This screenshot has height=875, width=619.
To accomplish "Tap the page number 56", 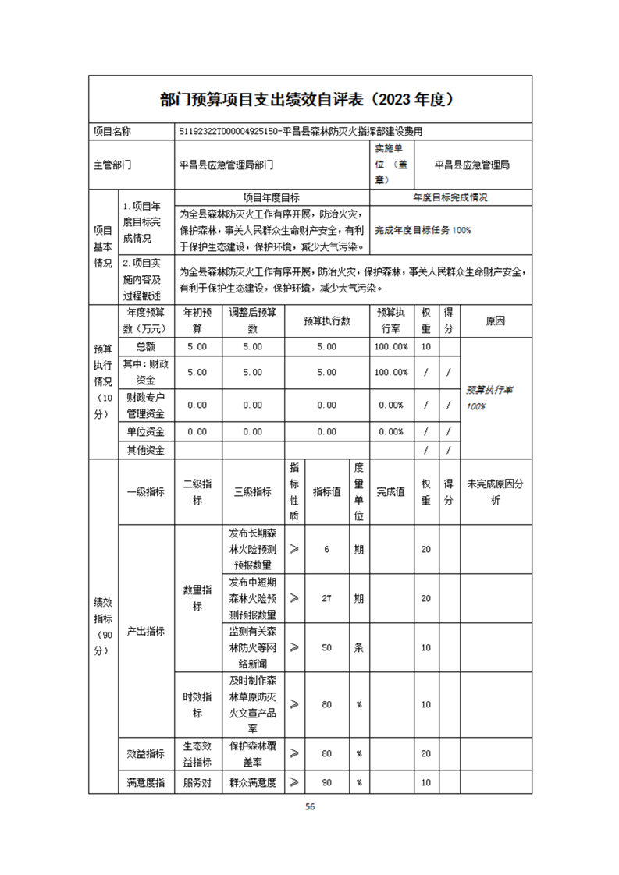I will pos(310,807).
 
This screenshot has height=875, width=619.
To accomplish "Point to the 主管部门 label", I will pos(113,165).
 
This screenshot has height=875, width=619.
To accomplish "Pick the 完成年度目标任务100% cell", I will pos(423,230).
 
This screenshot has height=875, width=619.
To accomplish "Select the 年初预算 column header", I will pos(197,318).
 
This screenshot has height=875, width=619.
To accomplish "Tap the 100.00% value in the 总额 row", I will pos(391,346).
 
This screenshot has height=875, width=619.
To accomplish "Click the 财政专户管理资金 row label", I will pos(145,406).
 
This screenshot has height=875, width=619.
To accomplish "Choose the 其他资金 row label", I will pos(145,450).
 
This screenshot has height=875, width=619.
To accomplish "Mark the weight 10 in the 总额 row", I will pos(426,346).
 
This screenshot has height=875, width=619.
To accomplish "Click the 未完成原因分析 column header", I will pos(495,492).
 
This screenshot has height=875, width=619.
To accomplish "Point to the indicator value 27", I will pos(327,598).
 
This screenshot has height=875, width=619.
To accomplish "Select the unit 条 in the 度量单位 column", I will pos(358,647).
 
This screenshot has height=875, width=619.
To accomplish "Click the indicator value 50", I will pos(327,647).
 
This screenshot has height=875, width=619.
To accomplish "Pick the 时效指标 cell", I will pos(197,704).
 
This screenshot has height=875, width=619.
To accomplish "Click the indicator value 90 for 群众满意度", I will pos(327,782).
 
